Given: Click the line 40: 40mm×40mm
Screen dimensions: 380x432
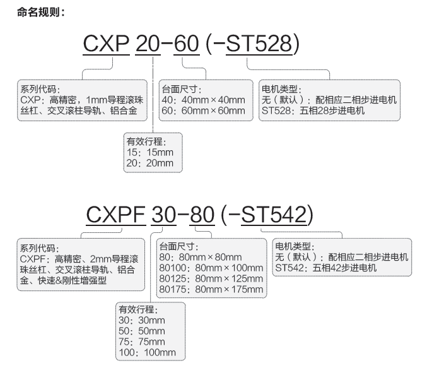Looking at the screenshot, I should click(203, 100).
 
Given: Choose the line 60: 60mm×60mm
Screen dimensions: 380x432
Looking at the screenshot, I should click(203, 110).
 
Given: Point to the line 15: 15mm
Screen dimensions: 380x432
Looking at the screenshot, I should click(149, 152).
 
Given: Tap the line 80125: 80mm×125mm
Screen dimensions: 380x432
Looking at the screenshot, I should click(211, 278).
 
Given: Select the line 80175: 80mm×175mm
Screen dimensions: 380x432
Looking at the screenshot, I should click(211, 289).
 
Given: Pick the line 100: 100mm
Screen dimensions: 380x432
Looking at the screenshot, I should click(147, 352).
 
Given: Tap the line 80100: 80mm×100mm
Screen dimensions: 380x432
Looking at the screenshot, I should click(211, 268).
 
